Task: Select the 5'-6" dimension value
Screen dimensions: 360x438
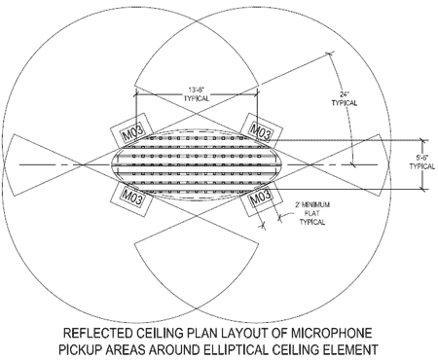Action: tap(420, 156)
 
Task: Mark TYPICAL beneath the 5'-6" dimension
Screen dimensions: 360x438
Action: tap(420, 165)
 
